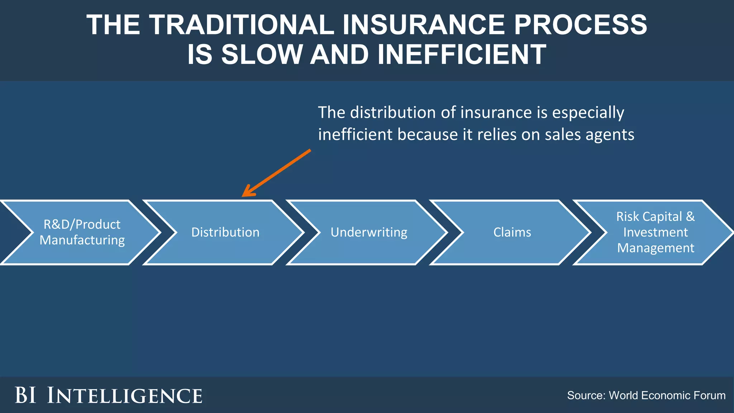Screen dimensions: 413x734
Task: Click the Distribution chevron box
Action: click(x=225, y=232)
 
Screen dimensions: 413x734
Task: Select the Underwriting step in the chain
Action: click(x=369, y=232)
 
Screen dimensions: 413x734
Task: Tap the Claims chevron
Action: click(x=512, y=232)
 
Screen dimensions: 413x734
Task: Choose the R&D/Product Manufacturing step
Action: click(x=82, y=232)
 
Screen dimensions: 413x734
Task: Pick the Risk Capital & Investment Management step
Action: click(x=656, y=232)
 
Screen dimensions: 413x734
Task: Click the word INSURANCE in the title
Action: click(x=424, y=25)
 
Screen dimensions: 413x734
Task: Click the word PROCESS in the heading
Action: click(x=580, y=25)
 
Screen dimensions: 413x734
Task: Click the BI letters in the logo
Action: click(x=25, y=395)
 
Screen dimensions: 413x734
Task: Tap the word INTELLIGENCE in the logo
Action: click(x=125, y=395)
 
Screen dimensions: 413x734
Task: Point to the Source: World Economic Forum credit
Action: click(x=646, y=395)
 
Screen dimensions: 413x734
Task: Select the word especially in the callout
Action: click(x=588, y=113)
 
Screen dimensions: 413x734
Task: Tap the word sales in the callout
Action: click(x=563, y=135)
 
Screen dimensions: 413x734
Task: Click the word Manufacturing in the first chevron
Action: click(x=82, y=240)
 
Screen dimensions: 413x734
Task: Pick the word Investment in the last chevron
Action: click(x=656, y=232)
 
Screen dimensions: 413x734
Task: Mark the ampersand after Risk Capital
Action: click(x=690, y=217)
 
